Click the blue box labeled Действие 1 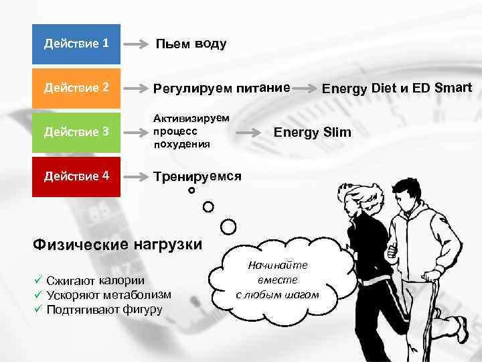(x=76, y=44)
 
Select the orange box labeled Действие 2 (x=76, y=88)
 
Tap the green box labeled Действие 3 (x=76, y=132)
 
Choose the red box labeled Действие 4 (x=76, y=176)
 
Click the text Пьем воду (x=191, y=44)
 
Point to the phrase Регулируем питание (x=222, y=88)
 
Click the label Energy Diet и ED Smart (x=397, y=88)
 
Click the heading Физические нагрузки (x=117, y=244)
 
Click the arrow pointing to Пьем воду (x=138, y=45)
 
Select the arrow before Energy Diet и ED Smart (x=307, y=88)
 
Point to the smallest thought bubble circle (x=191, y=191)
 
